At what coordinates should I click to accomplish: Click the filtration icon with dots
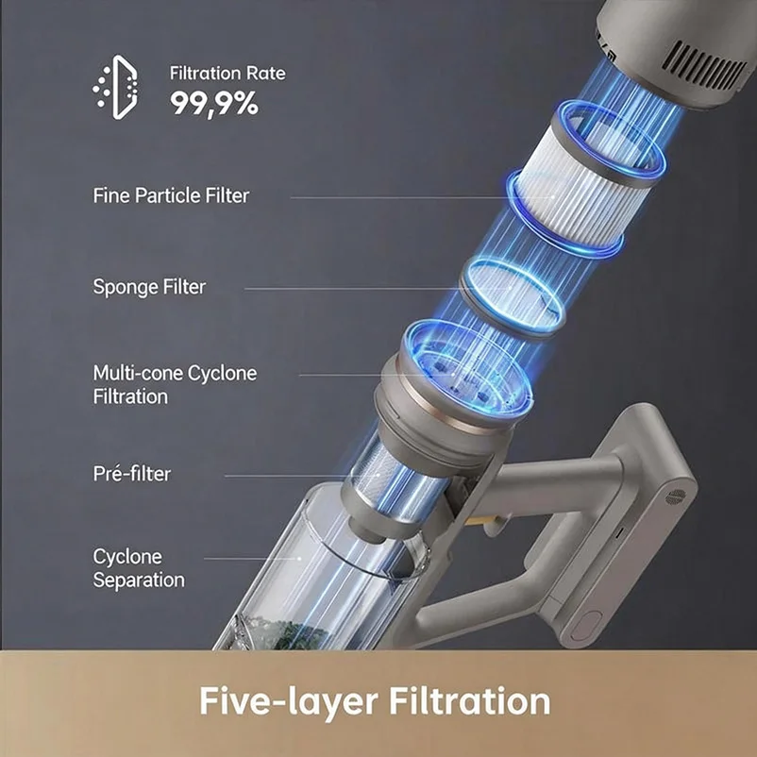click(x=115, y=88)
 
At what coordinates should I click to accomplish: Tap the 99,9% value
click(x=214, y=103)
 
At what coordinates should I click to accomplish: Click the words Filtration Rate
click(x=227, y=74)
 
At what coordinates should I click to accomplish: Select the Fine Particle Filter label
click(x=171, y=195)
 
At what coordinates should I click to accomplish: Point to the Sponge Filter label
click(x=149, y=287)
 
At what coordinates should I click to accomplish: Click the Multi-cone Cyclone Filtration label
click(x=175, y=385)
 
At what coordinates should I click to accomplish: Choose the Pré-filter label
click(x=132, y=473)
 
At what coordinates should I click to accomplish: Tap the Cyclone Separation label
click(x=139, y=568)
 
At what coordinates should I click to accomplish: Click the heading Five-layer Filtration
click(x=375, y=701)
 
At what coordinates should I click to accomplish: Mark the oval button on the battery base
click(x=586, y=626)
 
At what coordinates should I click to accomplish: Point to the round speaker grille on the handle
click(x=676, y=496)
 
